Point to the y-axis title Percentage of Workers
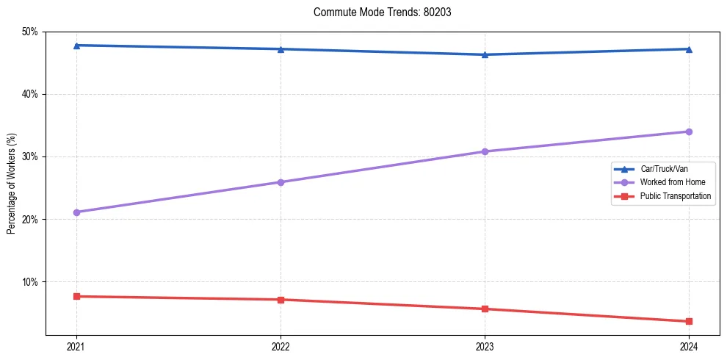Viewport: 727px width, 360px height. click(x=12, y=184)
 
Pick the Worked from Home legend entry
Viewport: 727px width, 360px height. click(x=673, y=182)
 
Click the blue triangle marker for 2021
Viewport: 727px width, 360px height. click(x=76, y=46)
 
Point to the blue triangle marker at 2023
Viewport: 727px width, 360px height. click(x=485, y=54)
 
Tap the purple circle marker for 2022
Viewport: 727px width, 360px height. click(x=281, y=182)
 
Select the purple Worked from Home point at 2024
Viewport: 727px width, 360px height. click(x=689, y=132)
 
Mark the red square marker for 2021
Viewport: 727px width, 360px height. click(x=76, y=296)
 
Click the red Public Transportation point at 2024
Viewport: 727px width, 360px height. click(x=689, y=321)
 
